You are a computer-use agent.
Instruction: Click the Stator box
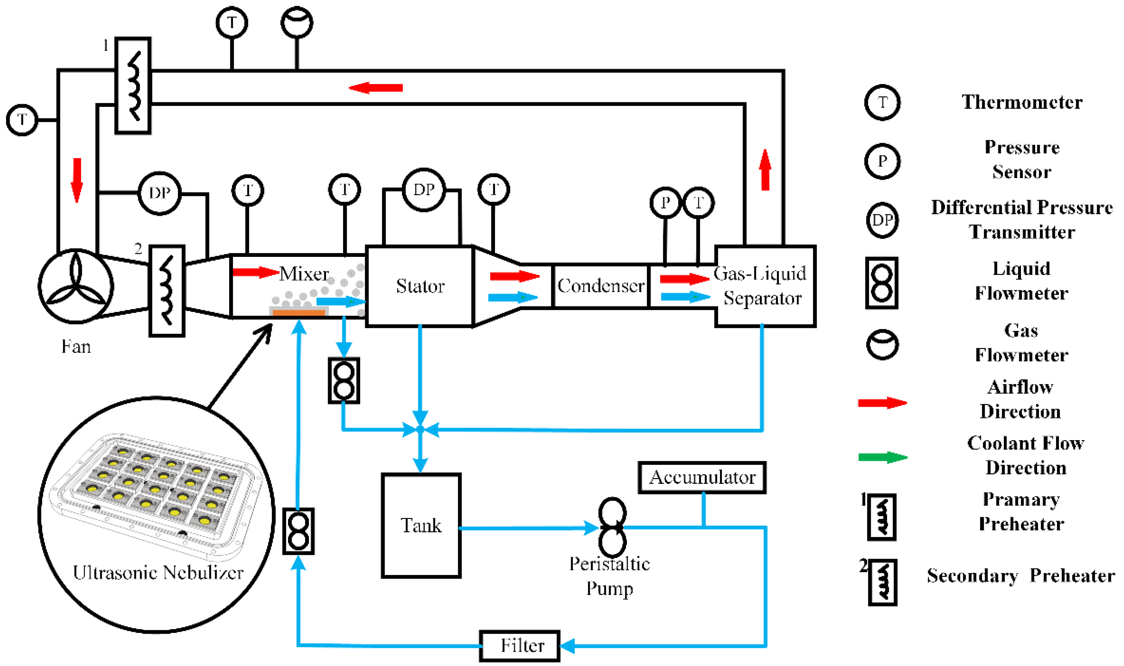click(419, 286)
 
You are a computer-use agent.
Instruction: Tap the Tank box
click(421, 525)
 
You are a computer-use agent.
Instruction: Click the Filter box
click(519, 646)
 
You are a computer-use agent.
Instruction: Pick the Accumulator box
click(701, 477)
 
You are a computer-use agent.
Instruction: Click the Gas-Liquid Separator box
click(765, 286)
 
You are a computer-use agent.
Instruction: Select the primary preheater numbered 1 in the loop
click(133, 85)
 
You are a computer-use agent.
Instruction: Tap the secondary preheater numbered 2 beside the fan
click(166, 290)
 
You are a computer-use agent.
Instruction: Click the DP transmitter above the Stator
click(424, 190)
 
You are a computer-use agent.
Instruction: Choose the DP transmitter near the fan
click(159, 193)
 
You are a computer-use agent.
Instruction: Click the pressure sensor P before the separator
click(665, 203)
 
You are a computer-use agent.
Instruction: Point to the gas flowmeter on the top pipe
click(296, 22)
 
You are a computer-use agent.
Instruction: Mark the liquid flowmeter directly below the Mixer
click(343, 380)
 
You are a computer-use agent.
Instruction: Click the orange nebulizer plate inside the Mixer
click(299, 312)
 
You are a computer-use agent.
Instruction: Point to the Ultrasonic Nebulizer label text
click(158, 573)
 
